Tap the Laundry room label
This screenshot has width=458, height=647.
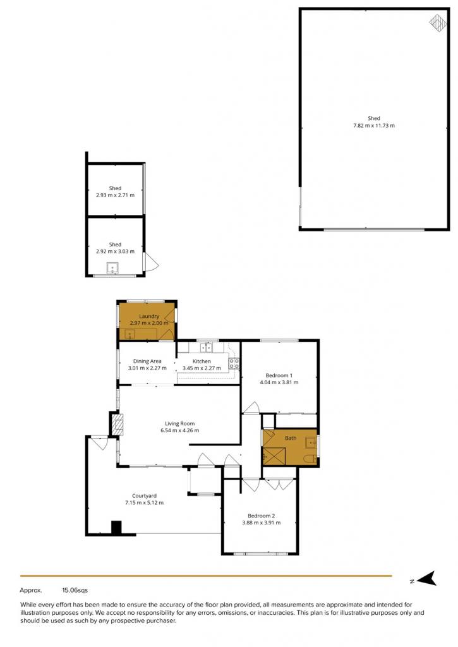click(149, 316)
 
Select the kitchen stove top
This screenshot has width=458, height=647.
click(234, 363)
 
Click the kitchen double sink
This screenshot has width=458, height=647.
click(207, 348)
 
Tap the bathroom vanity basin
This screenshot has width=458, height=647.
click(311, 443)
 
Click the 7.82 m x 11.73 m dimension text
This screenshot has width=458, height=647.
click(374, 126)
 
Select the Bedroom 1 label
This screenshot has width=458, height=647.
click(279, 375)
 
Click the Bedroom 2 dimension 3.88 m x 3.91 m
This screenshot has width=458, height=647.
click(261, 523)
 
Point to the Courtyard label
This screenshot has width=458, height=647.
click(145, 496)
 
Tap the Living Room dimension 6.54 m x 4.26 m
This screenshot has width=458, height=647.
click(180, 430)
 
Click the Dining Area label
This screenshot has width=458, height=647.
click(147, 361)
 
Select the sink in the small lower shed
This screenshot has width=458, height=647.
click(112, 268)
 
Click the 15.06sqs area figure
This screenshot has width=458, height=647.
click(75, 591)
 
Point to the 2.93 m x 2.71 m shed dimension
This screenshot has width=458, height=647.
click(115, 195)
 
